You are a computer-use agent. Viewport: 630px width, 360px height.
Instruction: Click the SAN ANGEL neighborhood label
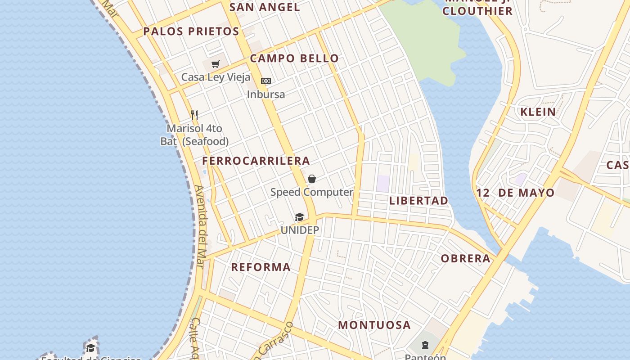click(x=265, y=7)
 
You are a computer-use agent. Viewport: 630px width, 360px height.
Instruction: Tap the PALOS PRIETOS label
click(x=191, y=31)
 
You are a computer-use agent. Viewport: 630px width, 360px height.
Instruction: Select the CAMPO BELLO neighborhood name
click(x=294, y=58)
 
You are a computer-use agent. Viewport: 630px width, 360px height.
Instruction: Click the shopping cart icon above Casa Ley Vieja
click(x=216, y=64)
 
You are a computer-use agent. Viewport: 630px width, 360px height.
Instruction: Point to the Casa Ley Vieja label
click(x=216, y=77)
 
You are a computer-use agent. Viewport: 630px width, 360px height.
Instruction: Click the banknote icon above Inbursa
click(x=266, y=81)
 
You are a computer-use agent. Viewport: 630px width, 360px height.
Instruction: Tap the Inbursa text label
click(x=266, y=94)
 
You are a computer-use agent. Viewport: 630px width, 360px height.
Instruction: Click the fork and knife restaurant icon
click(x=194, y=115)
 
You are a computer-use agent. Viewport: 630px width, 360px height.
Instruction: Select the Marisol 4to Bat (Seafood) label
click(x=194, y=135)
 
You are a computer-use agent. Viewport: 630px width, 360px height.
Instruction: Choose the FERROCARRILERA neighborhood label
click(x=256, y=161)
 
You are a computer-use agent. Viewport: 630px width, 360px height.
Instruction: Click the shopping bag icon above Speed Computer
click(x=311, y=179)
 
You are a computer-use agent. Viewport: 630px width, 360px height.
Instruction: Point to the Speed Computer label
click(x=311, y=192)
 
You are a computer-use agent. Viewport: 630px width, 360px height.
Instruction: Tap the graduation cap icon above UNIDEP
click(x=300, y=217)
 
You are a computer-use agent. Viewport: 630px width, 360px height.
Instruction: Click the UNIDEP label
click(x=300, y=230)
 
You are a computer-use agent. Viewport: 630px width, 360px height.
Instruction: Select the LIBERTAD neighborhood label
click(x=418, y=201)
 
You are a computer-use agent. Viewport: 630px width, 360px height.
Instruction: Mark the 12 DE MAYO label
click(x=515, y=193)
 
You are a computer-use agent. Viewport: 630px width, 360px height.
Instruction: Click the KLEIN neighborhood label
click(x=538, y=112)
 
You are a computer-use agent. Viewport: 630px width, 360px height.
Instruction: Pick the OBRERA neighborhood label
click(x=466, y=259)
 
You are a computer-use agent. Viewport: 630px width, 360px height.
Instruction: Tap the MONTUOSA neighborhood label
click(x=374, y=325)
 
